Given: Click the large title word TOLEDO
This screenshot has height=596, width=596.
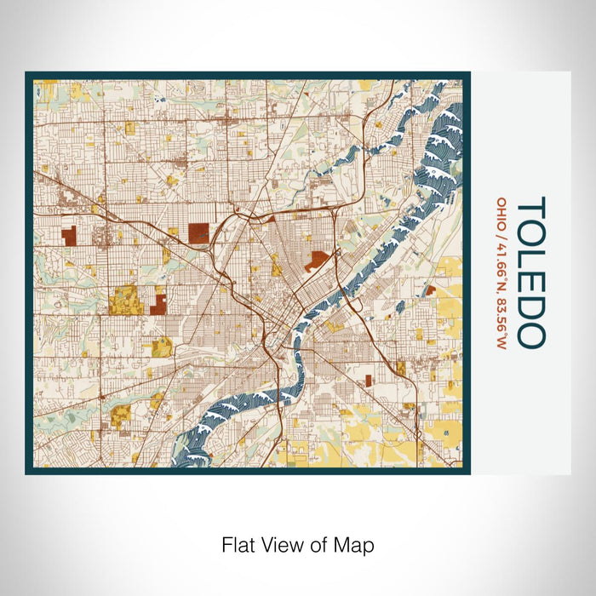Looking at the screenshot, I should [x=530, y=272].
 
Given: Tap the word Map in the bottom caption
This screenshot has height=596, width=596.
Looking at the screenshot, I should [x=357, y=543].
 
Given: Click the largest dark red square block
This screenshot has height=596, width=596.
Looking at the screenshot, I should [x=198, y=233].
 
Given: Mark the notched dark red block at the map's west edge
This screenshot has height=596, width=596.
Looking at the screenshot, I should [x=69, y=237].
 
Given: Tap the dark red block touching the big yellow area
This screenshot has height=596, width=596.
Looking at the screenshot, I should [x=158, y=301].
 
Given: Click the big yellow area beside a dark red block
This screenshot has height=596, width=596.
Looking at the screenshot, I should [x=124, y=299].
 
